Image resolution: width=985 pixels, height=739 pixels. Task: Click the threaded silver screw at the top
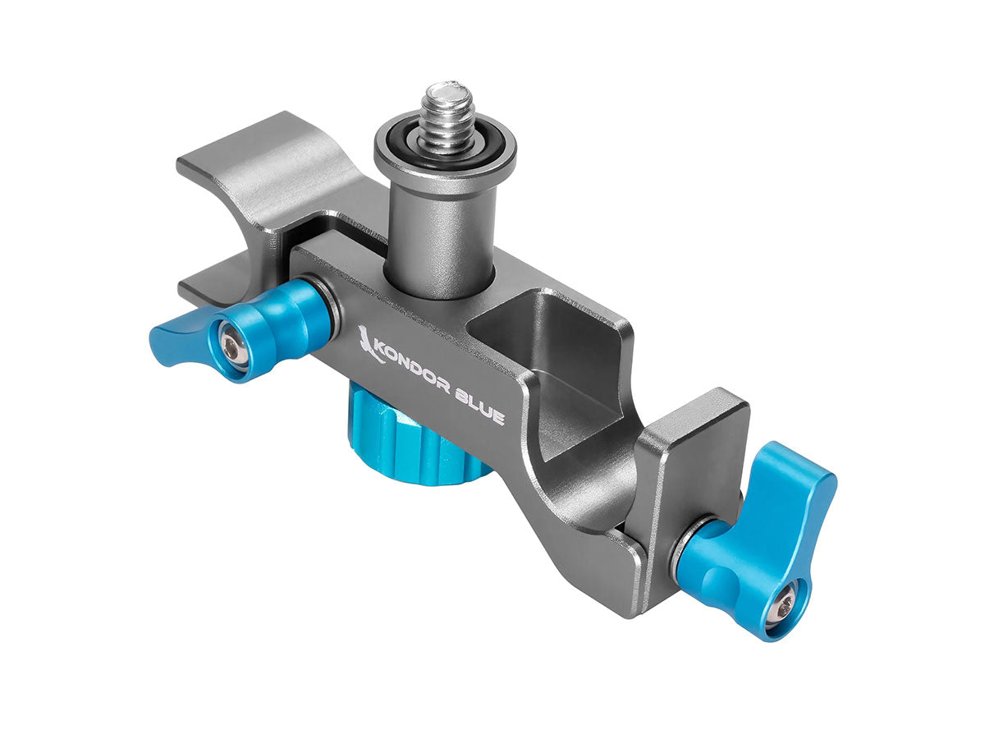pos(444,117)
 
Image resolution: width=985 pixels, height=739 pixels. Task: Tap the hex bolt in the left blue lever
pos(231,347)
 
